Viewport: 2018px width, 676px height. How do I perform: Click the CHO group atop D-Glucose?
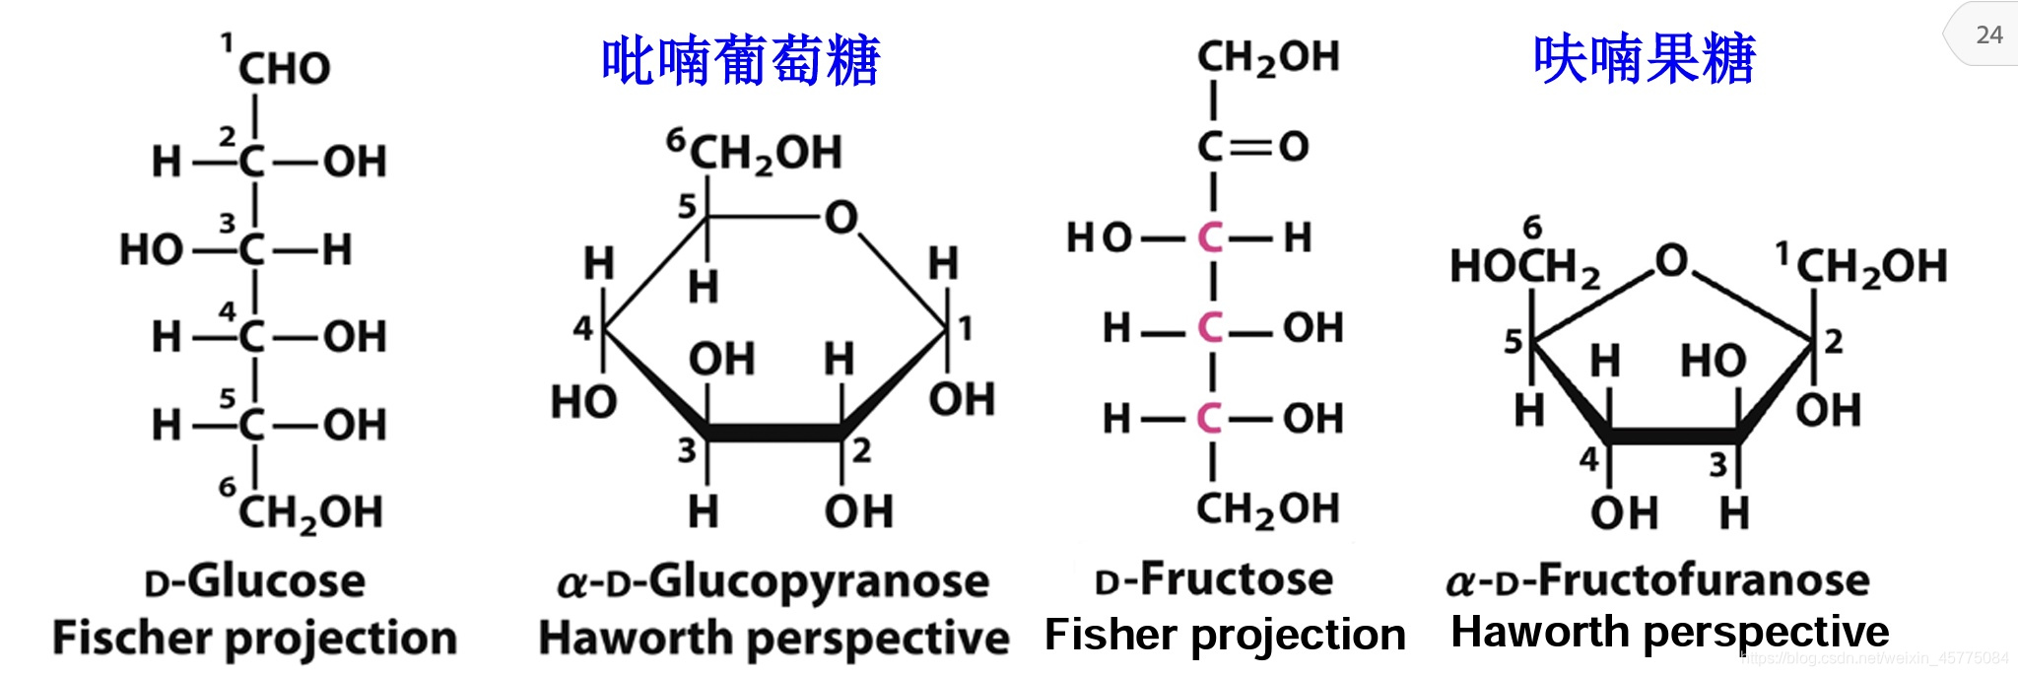tap(284, 69)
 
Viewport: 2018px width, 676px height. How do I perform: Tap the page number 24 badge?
tap(1988, 35)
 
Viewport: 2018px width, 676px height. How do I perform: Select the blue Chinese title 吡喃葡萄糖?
tap(740, 61)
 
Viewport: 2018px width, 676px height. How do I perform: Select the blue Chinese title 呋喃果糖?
tap(1644, 59)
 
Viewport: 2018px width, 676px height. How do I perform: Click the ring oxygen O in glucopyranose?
tap(841, 218)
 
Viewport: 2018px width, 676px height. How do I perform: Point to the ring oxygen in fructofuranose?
tap(1671, 261)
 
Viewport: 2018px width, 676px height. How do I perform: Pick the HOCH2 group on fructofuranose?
tap(1523, 266)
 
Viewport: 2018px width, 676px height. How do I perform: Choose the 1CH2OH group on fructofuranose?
tap(1869, 266)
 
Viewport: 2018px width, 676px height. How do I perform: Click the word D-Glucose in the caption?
tap(255, 580)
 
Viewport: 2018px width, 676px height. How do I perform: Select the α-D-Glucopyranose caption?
tap(774, 581)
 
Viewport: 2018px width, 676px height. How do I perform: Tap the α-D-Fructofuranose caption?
tap(1658, 579)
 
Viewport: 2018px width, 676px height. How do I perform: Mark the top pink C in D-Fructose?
tap(1210, 237)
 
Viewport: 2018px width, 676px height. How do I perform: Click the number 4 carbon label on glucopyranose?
tap(583, 328)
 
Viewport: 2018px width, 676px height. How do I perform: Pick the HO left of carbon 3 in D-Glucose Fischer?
tap(151, 250)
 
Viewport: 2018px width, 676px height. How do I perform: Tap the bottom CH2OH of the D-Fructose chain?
tap(1267, 509)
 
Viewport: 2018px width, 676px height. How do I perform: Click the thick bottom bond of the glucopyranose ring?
tap(774, 433)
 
